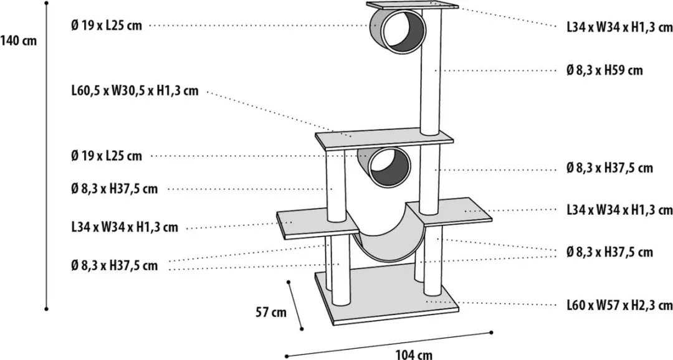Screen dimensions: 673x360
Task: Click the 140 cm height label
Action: (x=19, y=41)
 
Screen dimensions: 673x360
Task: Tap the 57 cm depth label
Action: (x=271, y=312)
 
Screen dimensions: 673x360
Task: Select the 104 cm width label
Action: (x=414, y=354)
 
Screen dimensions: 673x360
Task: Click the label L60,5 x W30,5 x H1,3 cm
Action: (x=135, y=91)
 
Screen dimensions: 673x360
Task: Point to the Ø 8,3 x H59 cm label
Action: (x=604, y=70)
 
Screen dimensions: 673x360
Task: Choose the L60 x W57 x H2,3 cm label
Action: (x=619, y=305)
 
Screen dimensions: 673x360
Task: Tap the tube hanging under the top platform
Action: (x=398, y=31)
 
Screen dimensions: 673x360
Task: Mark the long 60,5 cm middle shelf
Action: (x=384, y=139)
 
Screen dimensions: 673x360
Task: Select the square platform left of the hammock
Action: (x=318, y=224)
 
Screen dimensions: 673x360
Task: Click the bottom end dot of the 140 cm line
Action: (x=46, y=308)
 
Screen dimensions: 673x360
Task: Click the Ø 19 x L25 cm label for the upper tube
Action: (x=107, y=26)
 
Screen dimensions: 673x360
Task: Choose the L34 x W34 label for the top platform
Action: (x=619, y=27)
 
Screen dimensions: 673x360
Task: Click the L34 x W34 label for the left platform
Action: (x=125, y=227)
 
